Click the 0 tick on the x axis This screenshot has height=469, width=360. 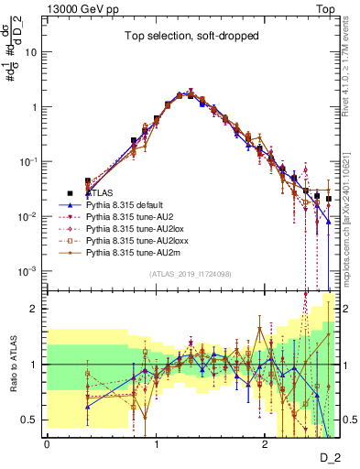click(47, 444)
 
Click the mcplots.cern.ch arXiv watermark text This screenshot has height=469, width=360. click(352, 211)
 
